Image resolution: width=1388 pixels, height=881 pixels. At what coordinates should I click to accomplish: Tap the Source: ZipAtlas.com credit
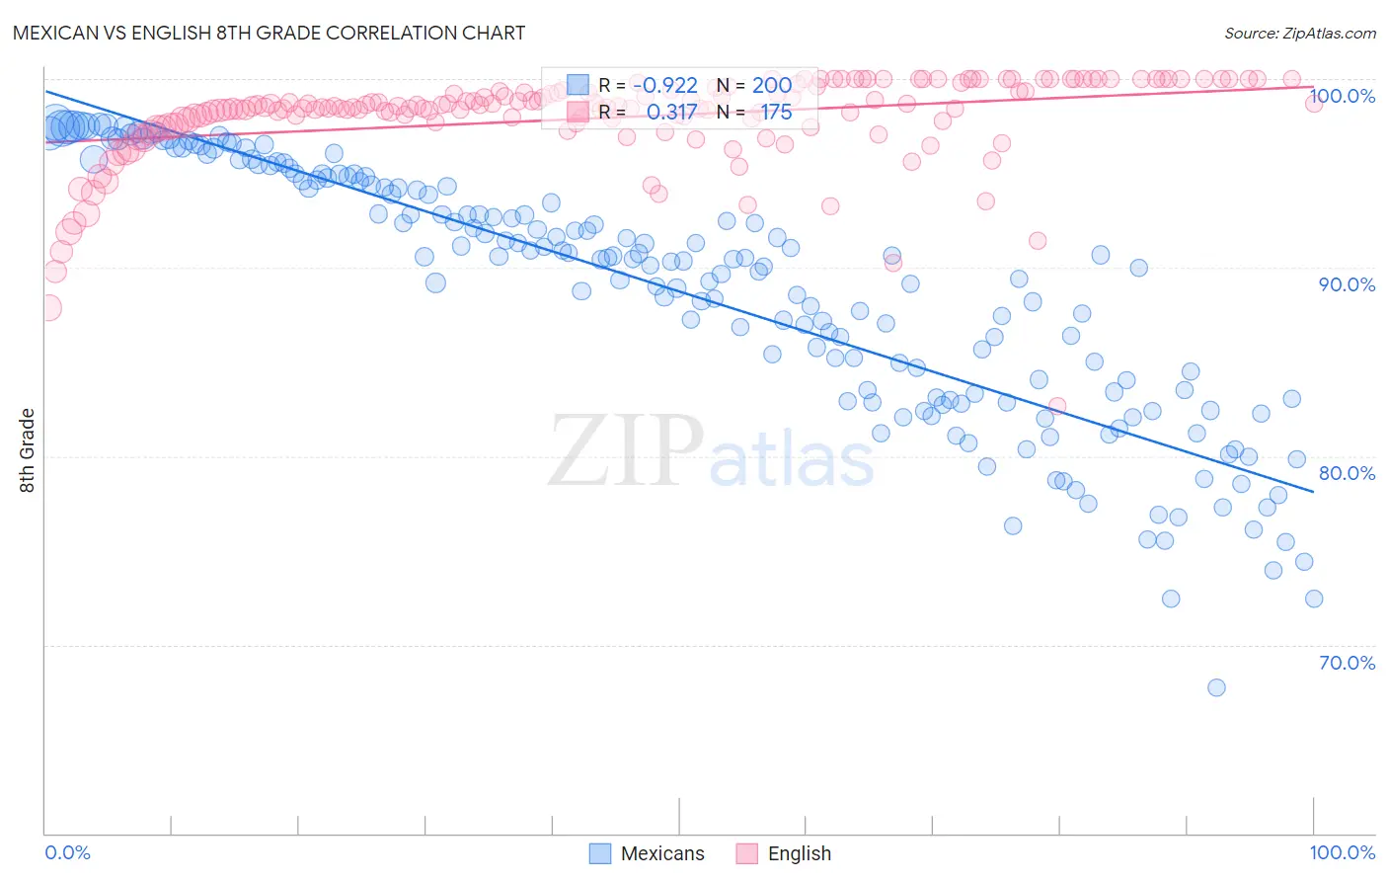point(1299,33)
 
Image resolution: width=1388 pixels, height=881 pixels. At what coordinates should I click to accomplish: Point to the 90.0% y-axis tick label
point(1347,284)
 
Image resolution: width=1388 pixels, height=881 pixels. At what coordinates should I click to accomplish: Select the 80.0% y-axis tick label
point(1347,473)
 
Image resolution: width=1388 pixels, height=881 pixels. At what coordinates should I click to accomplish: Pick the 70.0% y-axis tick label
point(1347,663)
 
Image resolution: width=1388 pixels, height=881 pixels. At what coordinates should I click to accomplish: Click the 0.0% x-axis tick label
point(67,852)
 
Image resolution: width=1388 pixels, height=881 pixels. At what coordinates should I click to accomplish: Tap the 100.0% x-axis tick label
point(1342,852)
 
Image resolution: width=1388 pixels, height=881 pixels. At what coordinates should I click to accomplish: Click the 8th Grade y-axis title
point(27,450)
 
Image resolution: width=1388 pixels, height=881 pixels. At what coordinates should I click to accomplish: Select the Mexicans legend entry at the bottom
point(648,853)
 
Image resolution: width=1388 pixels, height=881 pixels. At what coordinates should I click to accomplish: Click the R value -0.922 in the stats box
point(665,86)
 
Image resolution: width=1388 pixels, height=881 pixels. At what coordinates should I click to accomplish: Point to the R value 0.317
point(671,113)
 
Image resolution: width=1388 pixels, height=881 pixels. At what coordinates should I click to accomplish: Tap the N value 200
point(772,86)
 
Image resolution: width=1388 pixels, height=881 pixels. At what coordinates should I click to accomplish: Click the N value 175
point(776,113)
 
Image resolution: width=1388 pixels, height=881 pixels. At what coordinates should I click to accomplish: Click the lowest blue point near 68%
point(1216,687)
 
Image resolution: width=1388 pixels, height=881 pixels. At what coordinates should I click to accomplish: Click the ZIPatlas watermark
point(711,451)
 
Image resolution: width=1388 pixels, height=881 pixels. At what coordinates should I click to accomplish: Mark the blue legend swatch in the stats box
point(578,86)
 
